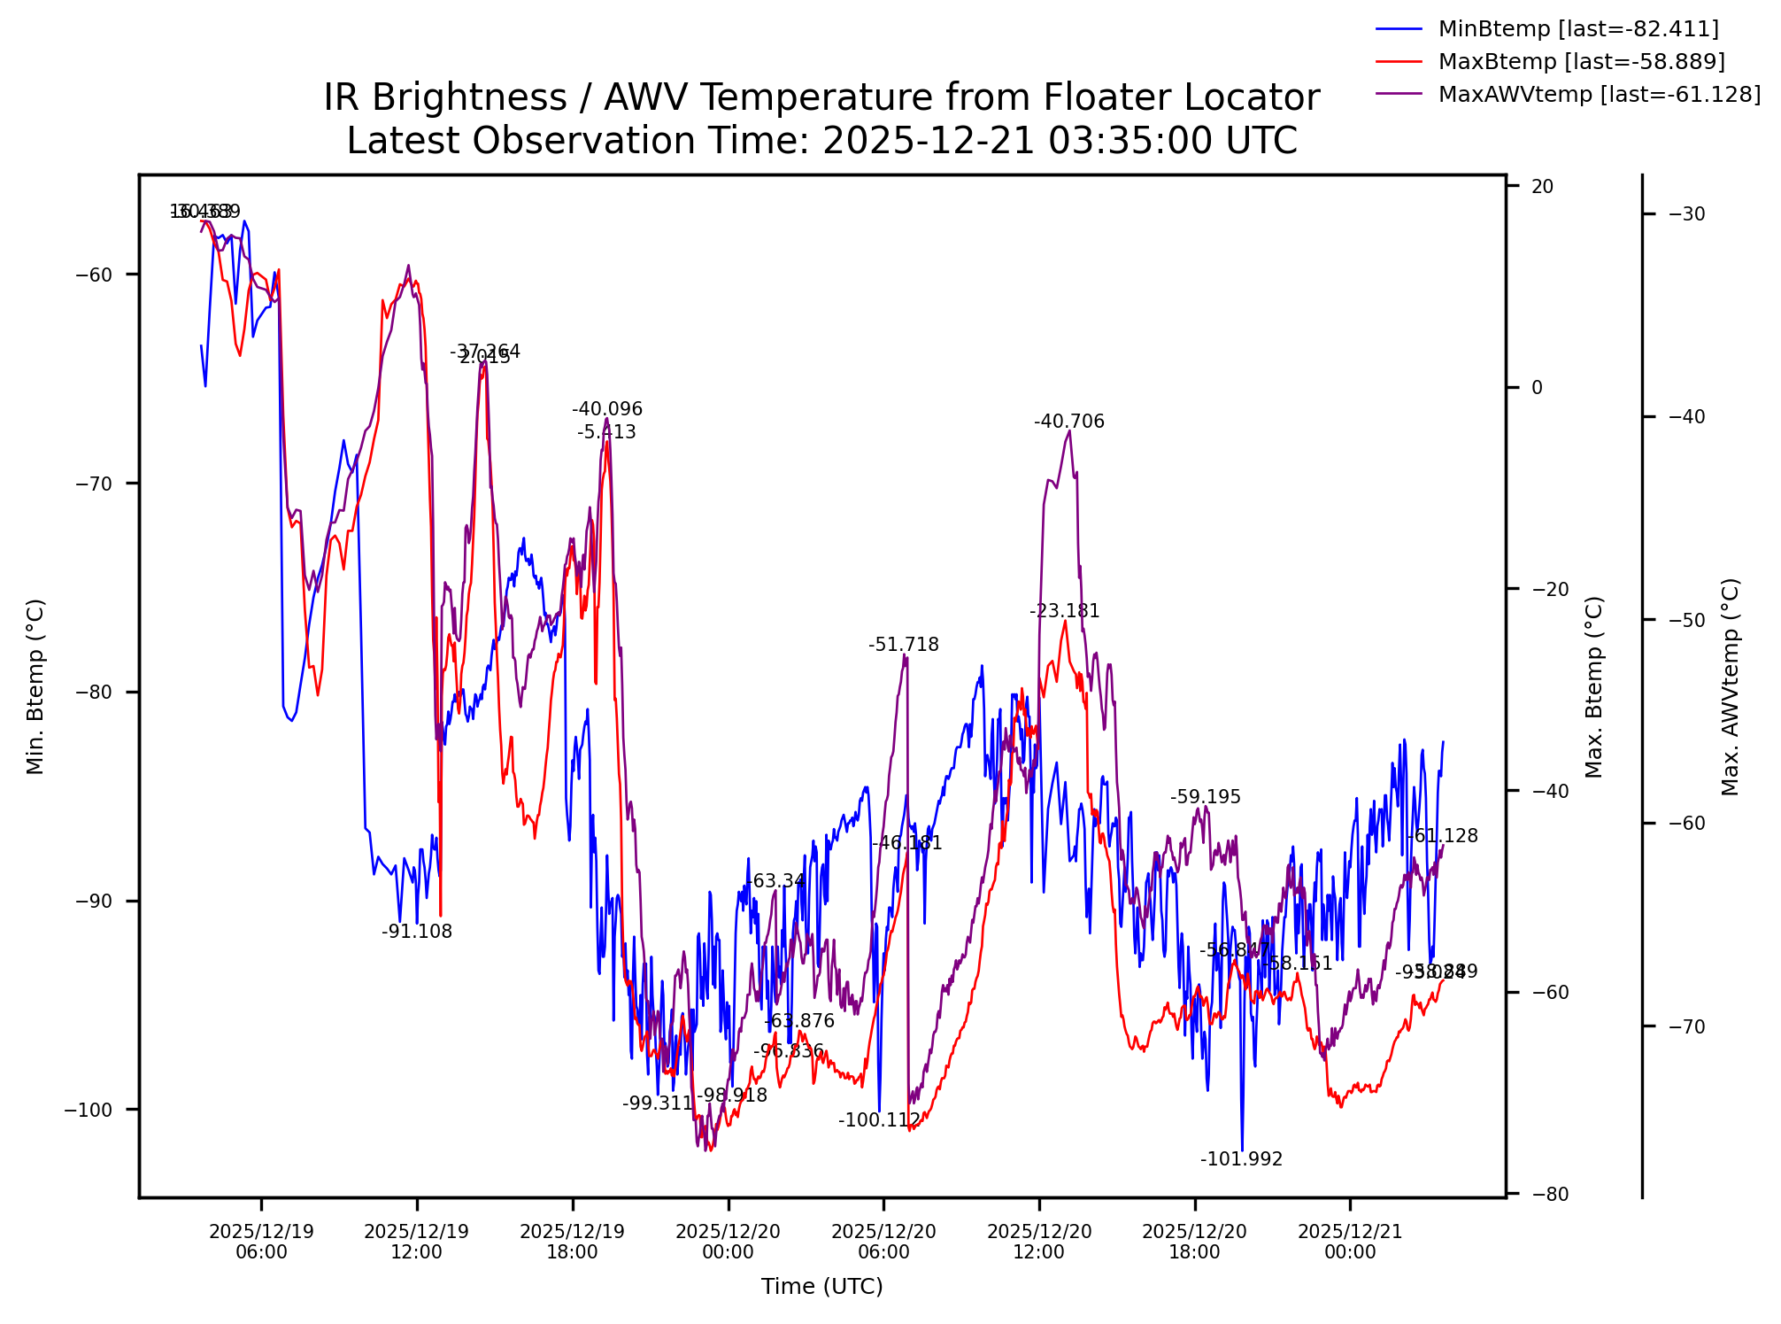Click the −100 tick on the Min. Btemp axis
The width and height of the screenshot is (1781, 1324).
(x=89, y=1111)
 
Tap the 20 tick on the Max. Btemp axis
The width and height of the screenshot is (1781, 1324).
(x=1542, y=187)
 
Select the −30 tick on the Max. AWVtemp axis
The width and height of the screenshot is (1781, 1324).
(x=1686, y=214)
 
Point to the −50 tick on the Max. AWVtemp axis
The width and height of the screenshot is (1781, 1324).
(x=1686, y=620)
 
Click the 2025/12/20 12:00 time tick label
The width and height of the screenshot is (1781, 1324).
(x=1039, y=1242)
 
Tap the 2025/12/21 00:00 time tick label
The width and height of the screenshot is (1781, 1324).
(x=1350, y=1242)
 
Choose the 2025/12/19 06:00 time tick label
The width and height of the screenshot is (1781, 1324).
(x=261, y=1242)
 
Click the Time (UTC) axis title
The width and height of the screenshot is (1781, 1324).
(x=821, y=1287)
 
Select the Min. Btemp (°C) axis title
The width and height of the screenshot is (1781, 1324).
(x=35, y=686)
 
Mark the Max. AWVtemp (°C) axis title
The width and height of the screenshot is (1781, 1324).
(x=1731, y=686)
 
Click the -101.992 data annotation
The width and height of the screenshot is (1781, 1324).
(x=1241, y=1160)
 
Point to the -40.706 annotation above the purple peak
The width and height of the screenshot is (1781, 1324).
(x=1068, y=422)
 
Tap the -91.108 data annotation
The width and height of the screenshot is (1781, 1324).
(x=417, y=932)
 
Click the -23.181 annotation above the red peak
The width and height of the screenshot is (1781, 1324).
(x=1064, y=611)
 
